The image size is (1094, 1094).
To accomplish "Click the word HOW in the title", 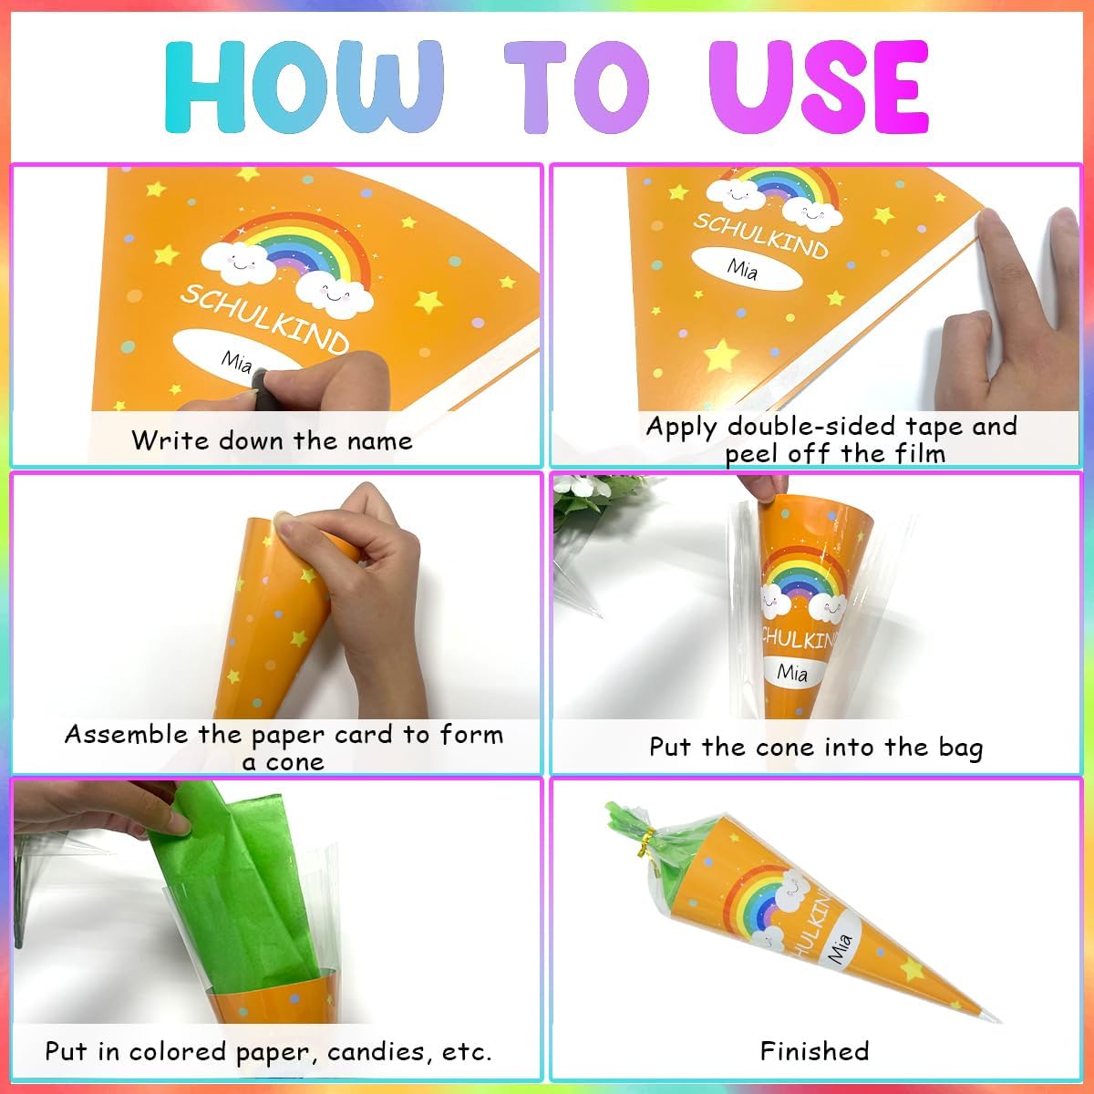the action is pos(304,88).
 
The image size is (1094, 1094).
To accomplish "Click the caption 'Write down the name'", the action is pos(272,440).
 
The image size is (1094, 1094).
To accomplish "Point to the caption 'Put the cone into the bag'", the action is pos(816,748).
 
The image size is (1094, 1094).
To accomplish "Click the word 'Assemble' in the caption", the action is pos(126,735).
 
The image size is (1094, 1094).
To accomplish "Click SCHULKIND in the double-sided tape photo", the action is pos(760,237).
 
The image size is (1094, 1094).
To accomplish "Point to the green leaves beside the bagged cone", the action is pos(591,500).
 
